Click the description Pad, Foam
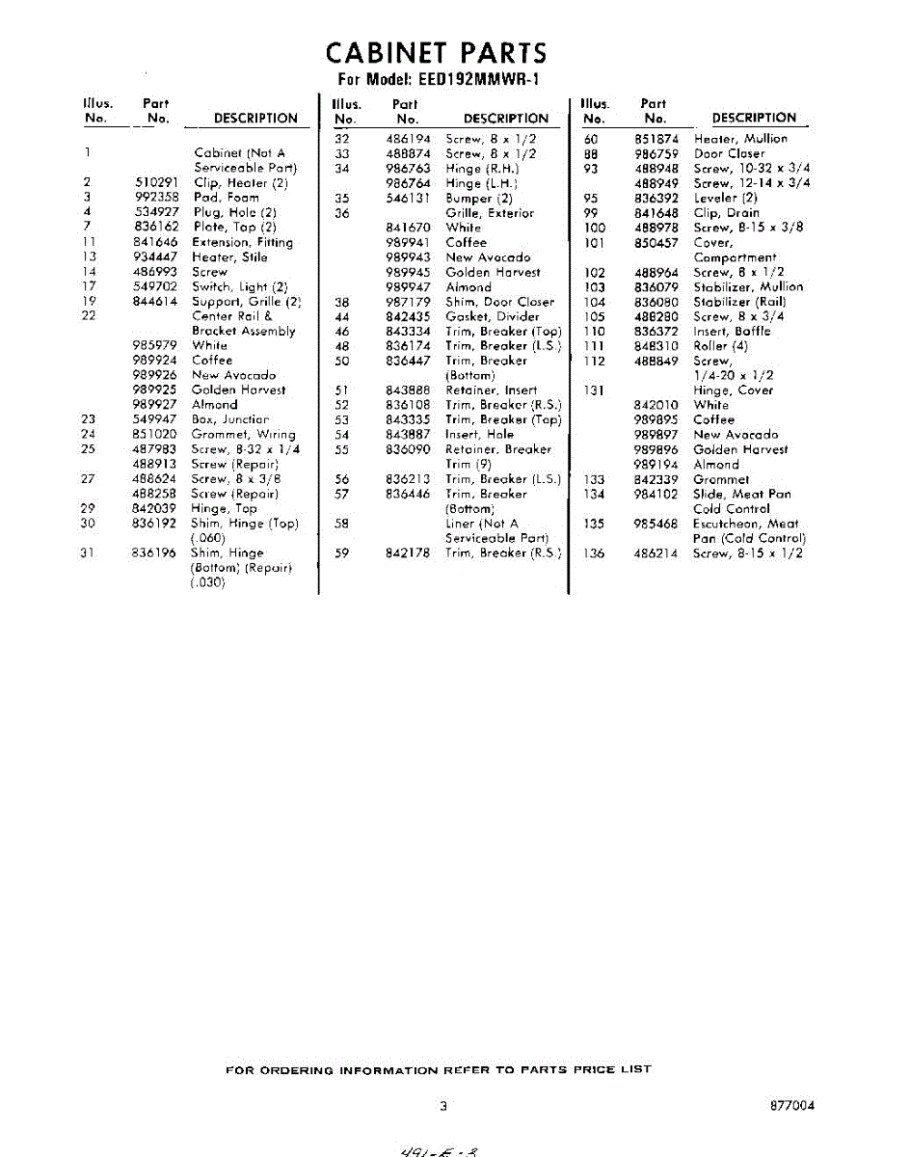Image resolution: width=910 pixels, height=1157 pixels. [226, 197]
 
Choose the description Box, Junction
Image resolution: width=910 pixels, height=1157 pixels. [229, 419]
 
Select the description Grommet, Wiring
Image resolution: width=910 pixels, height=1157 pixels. [243, 435]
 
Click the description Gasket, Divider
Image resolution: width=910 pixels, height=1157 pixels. [492, 316]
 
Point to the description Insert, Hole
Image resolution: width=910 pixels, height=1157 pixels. [479, 435]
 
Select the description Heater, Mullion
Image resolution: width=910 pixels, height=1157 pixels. [740, 139]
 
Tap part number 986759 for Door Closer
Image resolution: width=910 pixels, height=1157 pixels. [656, 153]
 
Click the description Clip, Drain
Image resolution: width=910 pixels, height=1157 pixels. [726, 212]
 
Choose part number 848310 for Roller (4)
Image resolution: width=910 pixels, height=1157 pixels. [656, 345]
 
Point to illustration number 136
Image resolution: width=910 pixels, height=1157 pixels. [594, 553]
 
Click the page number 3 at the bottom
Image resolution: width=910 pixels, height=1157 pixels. [442, 1106]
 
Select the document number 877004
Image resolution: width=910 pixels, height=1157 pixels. [792, 1106]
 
